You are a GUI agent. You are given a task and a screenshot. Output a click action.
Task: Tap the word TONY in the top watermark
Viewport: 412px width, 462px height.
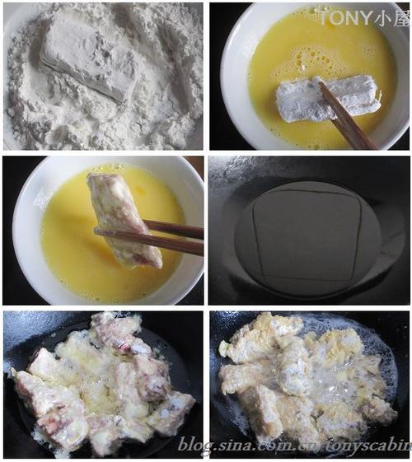[343, 17]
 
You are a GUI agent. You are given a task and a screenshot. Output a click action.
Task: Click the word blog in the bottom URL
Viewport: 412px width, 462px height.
[197, 446]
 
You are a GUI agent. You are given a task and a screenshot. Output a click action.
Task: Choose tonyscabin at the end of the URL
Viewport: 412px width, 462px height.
[371, 446]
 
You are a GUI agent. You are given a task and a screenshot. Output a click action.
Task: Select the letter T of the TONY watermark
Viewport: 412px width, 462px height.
[324, 17]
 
